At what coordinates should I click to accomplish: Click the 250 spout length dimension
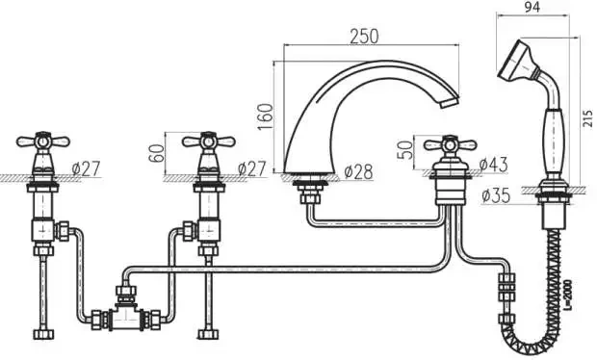point(364,37)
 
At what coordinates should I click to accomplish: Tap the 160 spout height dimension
point(266,116)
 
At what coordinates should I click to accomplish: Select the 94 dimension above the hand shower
point(532,7)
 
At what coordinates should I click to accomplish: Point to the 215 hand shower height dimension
point(588,118)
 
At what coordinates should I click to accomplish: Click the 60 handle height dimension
point(157,153)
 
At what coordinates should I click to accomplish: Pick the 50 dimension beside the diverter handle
point(405,150)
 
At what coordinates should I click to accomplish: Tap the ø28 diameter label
point(358,172)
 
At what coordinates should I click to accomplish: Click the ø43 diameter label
point(493,165)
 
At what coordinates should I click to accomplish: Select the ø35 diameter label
point(495,195)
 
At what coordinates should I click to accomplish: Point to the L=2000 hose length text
point(568,296)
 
